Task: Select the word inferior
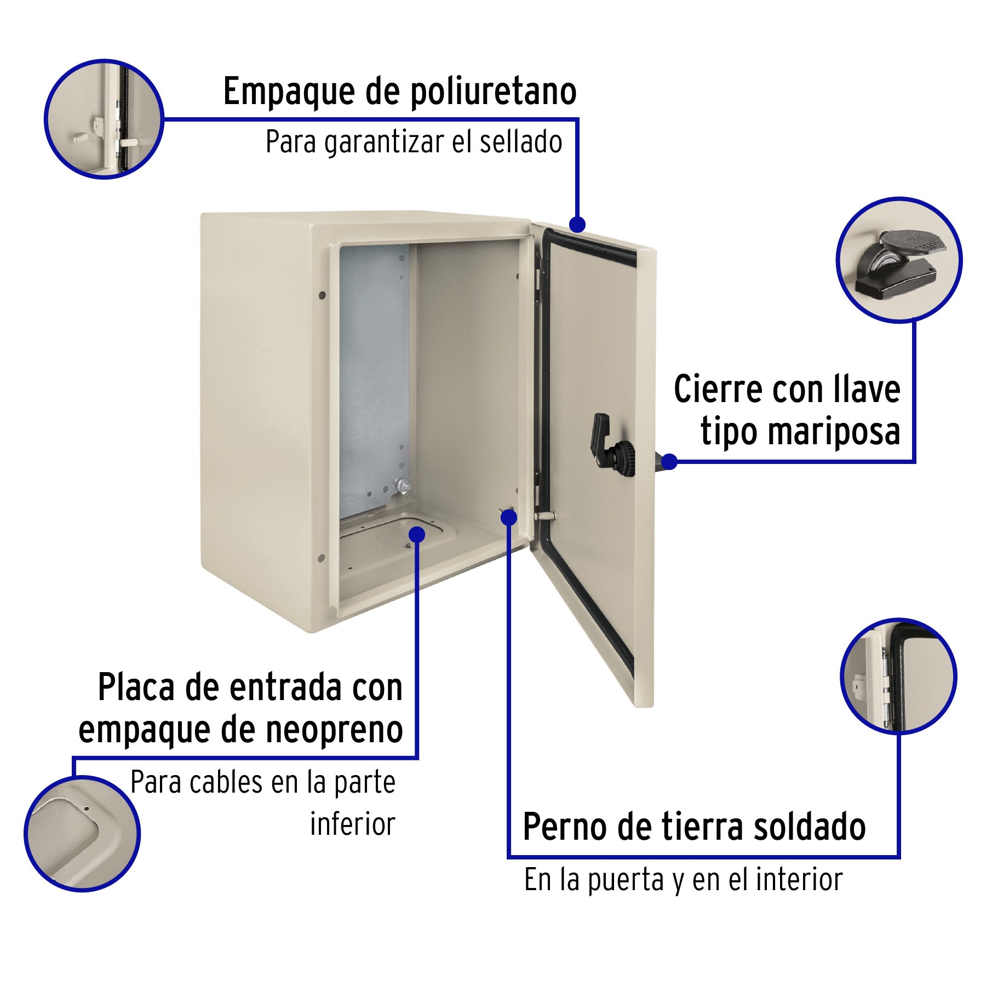coord(352,824)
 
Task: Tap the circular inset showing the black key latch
coord(898,260)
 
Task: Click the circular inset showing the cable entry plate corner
coord(82,833)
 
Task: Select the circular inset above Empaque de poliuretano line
coord(104,119)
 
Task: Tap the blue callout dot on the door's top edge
coord(577,224)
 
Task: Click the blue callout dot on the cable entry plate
coord(417,535)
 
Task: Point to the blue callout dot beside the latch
coord(669,461)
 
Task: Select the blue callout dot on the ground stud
coord(509,517)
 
